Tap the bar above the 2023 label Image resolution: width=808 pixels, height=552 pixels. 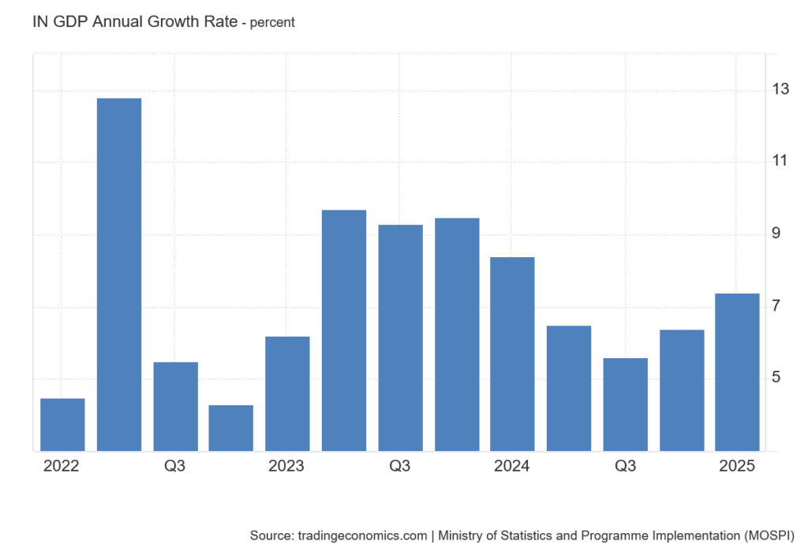[x=287, y=393]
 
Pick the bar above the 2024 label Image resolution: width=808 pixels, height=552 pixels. [x=512, y=354]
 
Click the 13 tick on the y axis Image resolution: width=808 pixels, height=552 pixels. [x=780, y=89]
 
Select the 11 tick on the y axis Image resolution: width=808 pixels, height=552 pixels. [x=780, y=161]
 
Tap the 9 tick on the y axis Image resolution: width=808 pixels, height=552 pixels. [x=776, y=233]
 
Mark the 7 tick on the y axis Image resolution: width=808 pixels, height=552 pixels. [x=776, y=305]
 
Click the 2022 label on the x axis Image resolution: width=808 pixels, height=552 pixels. [x=62, y=466]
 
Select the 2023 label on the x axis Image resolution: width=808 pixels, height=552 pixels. [x=286, y=466]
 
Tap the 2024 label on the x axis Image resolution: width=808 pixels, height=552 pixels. [x=512, y=466]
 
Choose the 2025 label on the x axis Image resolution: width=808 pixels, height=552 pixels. [x=737, y=466]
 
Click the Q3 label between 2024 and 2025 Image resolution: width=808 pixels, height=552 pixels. [x=625, y=466]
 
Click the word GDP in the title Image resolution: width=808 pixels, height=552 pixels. [x=70, y=22]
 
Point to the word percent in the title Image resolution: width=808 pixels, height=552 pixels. [x=272, y=23]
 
